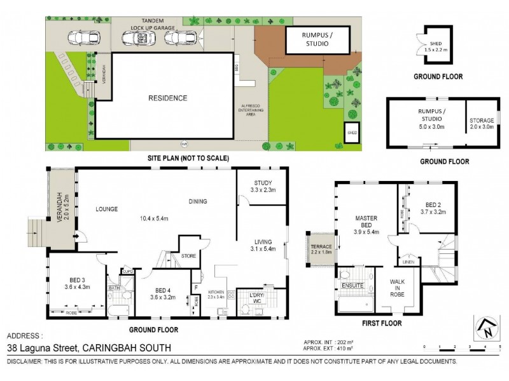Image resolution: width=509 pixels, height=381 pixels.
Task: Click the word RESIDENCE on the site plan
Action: pos(168,98)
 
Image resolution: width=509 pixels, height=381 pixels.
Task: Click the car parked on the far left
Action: pos(82,39)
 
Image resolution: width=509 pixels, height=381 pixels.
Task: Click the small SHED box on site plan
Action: pos(351,133)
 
